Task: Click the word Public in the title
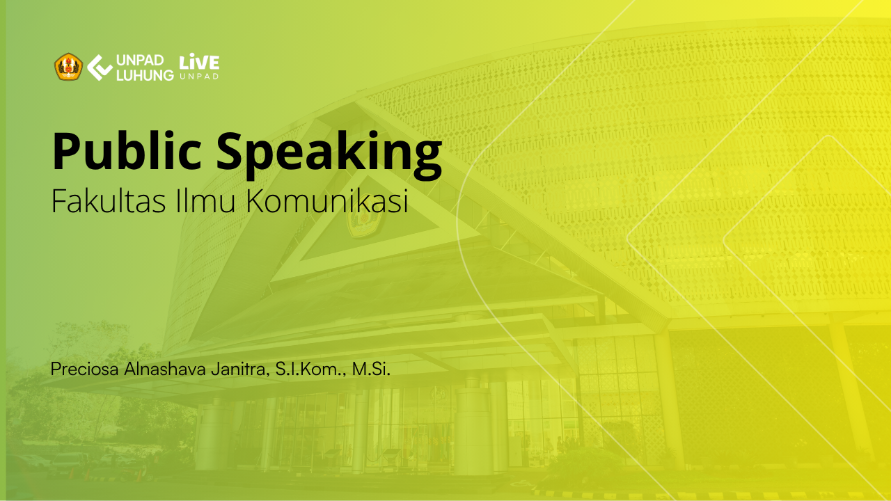point(127,150)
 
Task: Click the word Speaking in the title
point(329,154)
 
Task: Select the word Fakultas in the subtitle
point(108,201)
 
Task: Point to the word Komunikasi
point(327,201)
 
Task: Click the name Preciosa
point(84,369)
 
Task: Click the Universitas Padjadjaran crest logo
point(68,67)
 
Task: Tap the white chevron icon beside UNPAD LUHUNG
point(100,67)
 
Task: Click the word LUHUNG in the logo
point(145,75)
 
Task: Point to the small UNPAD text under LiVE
point(199,77)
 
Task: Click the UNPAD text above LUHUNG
point(140,61)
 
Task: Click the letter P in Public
point(66,151)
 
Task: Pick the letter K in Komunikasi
point(257,201)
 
